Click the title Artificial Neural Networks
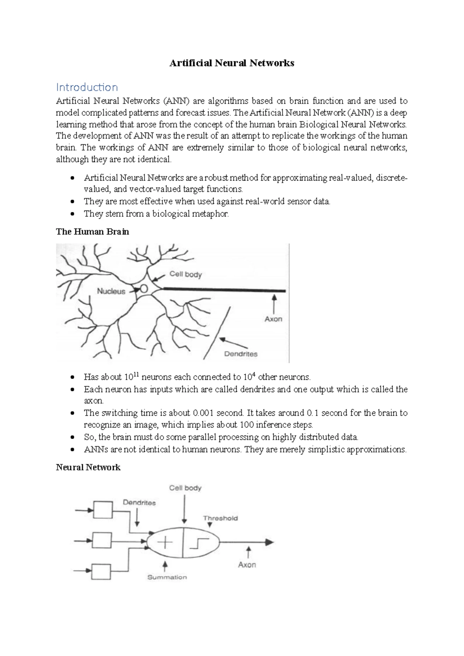tap(232, 63)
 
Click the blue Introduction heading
tap(87, 87)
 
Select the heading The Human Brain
tap(92, 232)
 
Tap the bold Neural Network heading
tap(88, 467)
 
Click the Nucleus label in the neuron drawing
tap(111, 291)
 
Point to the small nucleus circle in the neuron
tap(143, 289)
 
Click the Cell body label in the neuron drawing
tap(186, 275)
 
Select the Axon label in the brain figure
tap(273, 319)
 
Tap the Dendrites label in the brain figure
tap(241, 354)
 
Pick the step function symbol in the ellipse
tap(199, 543)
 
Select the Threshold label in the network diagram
tap(220, 518)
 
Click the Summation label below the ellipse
tap(167, 577)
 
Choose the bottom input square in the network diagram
tap(101, 571)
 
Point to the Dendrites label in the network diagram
tap(139, 503)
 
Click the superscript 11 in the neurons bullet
tap(136, 374)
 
